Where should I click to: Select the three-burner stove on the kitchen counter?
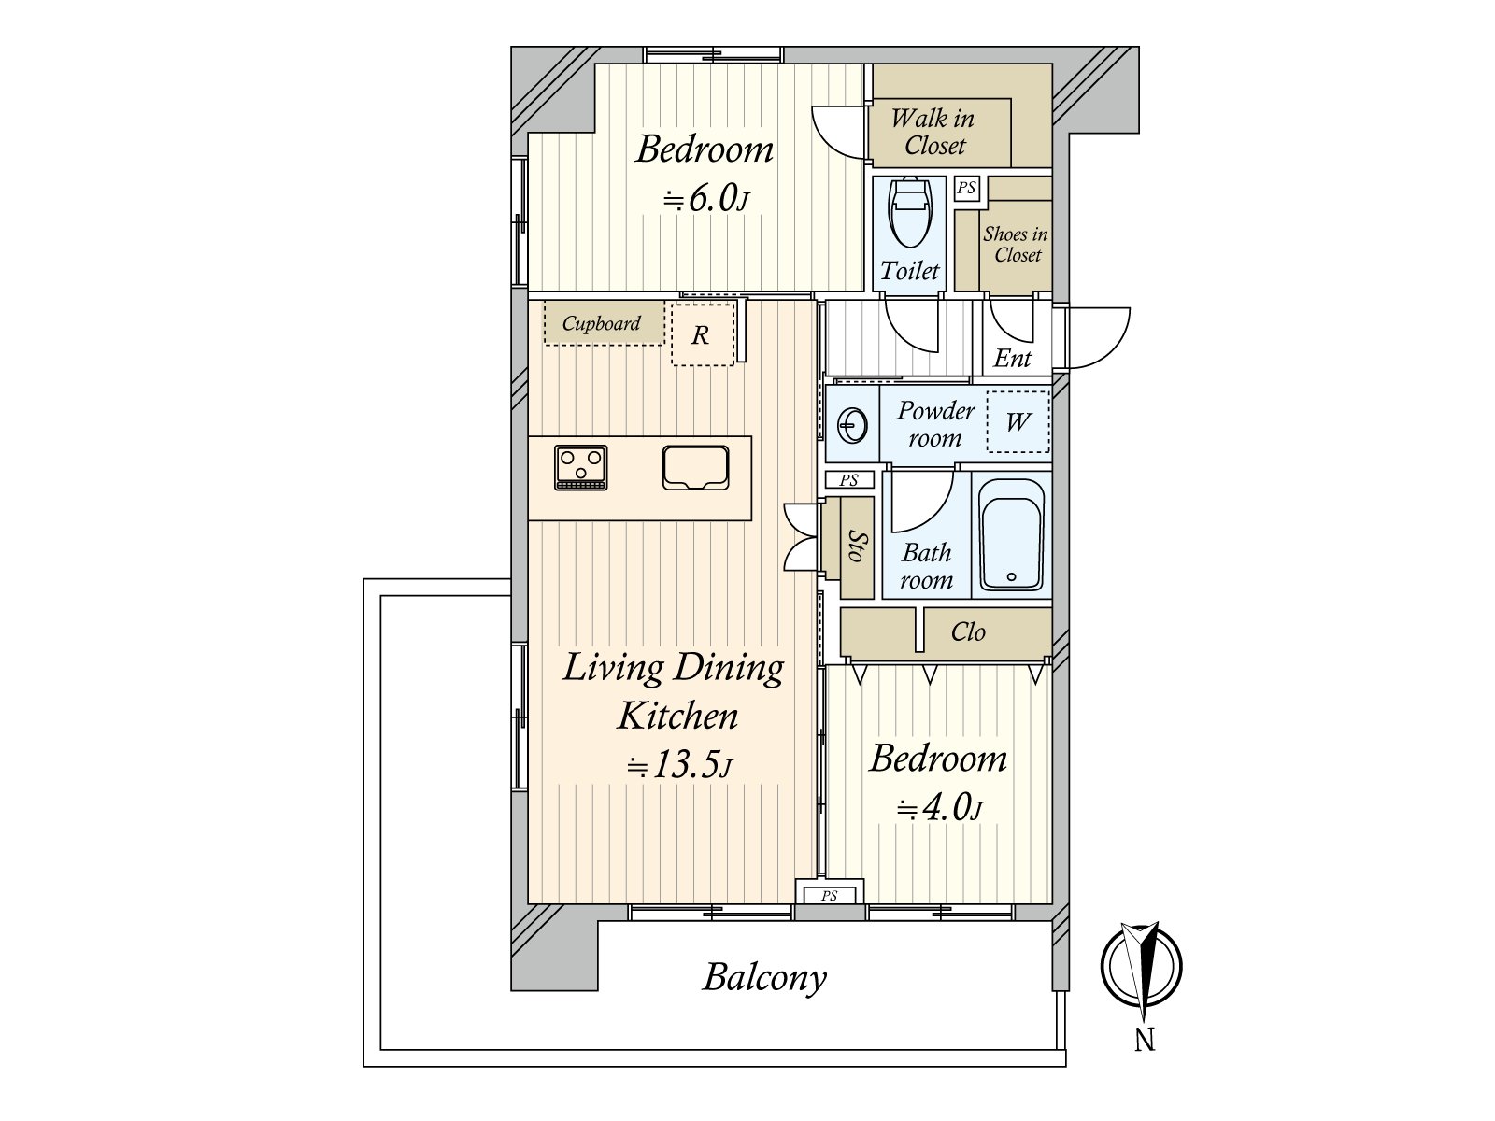[x=580, y=467]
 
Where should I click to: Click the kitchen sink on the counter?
[x=695, y=468]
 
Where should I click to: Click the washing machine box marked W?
[x=1018, y=422]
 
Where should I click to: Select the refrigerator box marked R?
[x=703, y=334]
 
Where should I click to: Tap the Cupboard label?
[x=602, y=323]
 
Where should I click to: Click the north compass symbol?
[x=1141, y=967]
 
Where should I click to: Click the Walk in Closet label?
[x=933, y=132]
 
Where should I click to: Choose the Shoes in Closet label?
[x=1016, y=245]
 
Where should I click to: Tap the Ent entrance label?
[x=1012, y=358]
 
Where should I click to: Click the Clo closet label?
[x=968, y=632]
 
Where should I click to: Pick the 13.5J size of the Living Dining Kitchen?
[x=679, y=766]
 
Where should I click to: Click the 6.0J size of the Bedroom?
[x=706, y=199]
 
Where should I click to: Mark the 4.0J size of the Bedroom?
[x=940, y=809]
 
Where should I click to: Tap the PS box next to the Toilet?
[x=966, y=188]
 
